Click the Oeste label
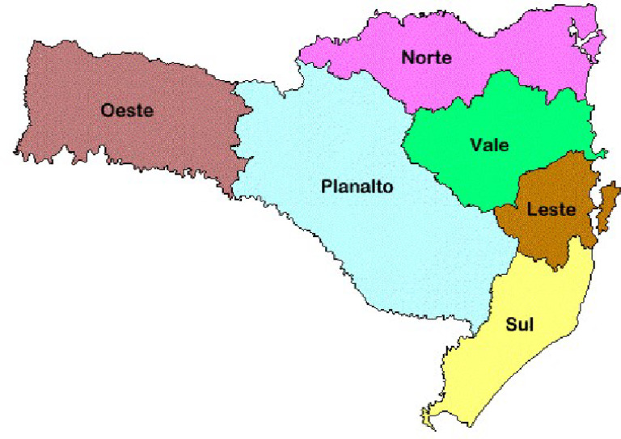coord(127,110)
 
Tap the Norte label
coord(426,57)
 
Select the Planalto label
coord(357,187)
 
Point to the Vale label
coord(489,146)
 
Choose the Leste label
coord(551,210)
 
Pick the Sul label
coord(522,325)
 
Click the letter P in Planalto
coord(326,187)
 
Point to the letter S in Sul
coord(511,325)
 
